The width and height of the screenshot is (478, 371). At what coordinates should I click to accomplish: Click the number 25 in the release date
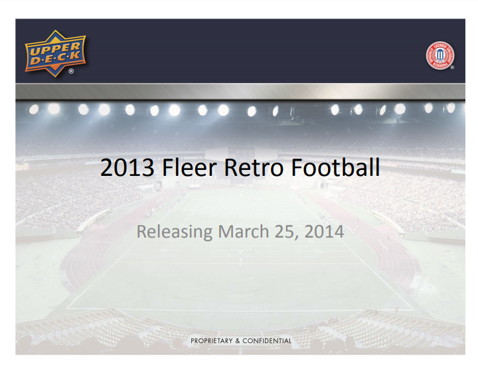[x=285, y=232]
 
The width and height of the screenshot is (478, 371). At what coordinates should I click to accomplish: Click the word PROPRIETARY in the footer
[x=211, y=340]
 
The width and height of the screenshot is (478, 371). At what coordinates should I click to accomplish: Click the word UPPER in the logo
[x=55, y=48]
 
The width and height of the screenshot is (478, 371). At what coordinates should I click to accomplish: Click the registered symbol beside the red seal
[x=452, y=68]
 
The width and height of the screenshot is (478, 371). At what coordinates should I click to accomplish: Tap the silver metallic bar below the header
[x=239, y=92]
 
